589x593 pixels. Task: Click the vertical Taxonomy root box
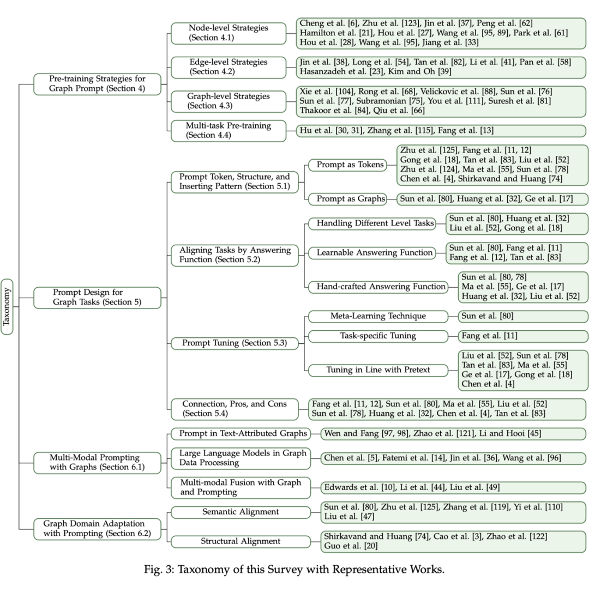click(7, 306)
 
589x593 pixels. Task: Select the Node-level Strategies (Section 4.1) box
click(229, 33)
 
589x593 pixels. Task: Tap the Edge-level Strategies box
click(229, 67)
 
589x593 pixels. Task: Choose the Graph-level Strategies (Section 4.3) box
click(229, 101)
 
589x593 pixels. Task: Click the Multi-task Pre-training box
click(229, 131)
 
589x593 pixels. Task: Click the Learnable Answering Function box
click(375, 253)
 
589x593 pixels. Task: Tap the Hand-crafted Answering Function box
click(377, 287)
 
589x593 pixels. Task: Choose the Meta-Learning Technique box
click(377, 316)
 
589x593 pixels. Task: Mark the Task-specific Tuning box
click(377, 336)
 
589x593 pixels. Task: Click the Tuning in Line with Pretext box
click(377, 370)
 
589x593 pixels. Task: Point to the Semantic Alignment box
click(241, 512)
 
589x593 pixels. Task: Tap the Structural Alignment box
click(241, 541)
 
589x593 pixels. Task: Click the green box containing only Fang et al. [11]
click(522, 336)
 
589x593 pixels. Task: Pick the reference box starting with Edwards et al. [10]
click(452, 487)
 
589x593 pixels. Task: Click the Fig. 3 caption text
click(294, 571)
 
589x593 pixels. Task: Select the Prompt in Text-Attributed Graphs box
click(241, 434)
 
